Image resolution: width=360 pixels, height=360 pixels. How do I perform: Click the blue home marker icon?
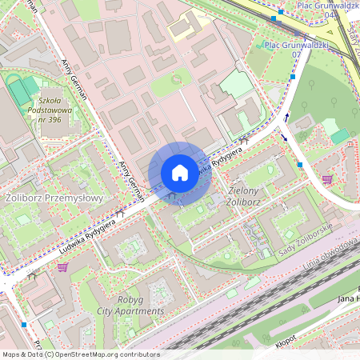click(x=179, y=173)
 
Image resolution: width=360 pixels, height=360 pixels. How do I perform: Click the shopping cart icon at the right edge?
click(x=326, y=179)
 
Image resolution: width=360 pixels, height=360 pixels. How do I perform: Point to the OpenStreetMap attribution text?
click(x=80, y=354)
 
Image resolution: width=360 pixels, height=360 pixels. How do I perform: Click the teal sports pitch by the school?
click(x=24, y=91)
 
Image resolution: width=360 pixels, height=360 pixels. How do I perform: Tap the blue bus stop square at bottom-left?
click(x=25, y=325)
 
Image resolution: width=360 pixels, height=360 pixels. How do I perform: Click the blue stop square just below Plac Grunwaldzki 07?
click(x=294, y=77)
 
